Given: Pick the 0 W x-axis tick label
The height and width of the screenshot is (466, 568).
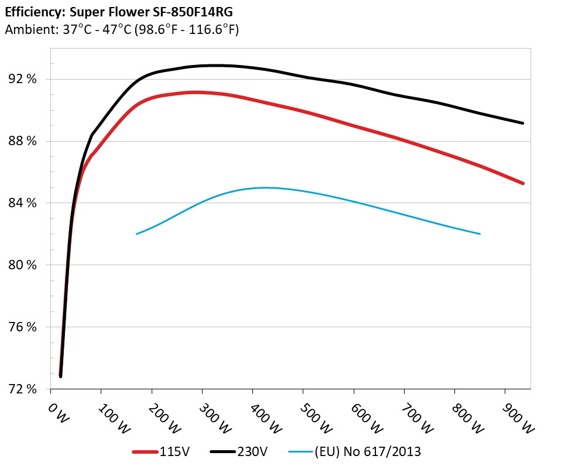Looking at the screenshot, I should pyautogui.click(x=59, y=412).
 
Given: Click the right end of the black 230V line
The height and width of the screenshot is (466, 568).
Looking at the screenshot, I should pyautogui.click(x=522, y=123).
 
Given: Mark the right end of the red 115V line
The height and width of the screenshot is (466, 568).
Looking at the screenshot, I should pyautogui.click(x=522, y=183).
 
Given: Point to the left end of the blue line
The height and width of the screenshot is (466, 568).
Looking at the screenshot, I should pyautogui.click(x=137, y=234).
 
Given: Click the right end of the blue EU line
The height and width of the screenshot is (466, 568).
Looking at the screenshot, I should pyautogui.click(x=480, y=234).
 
